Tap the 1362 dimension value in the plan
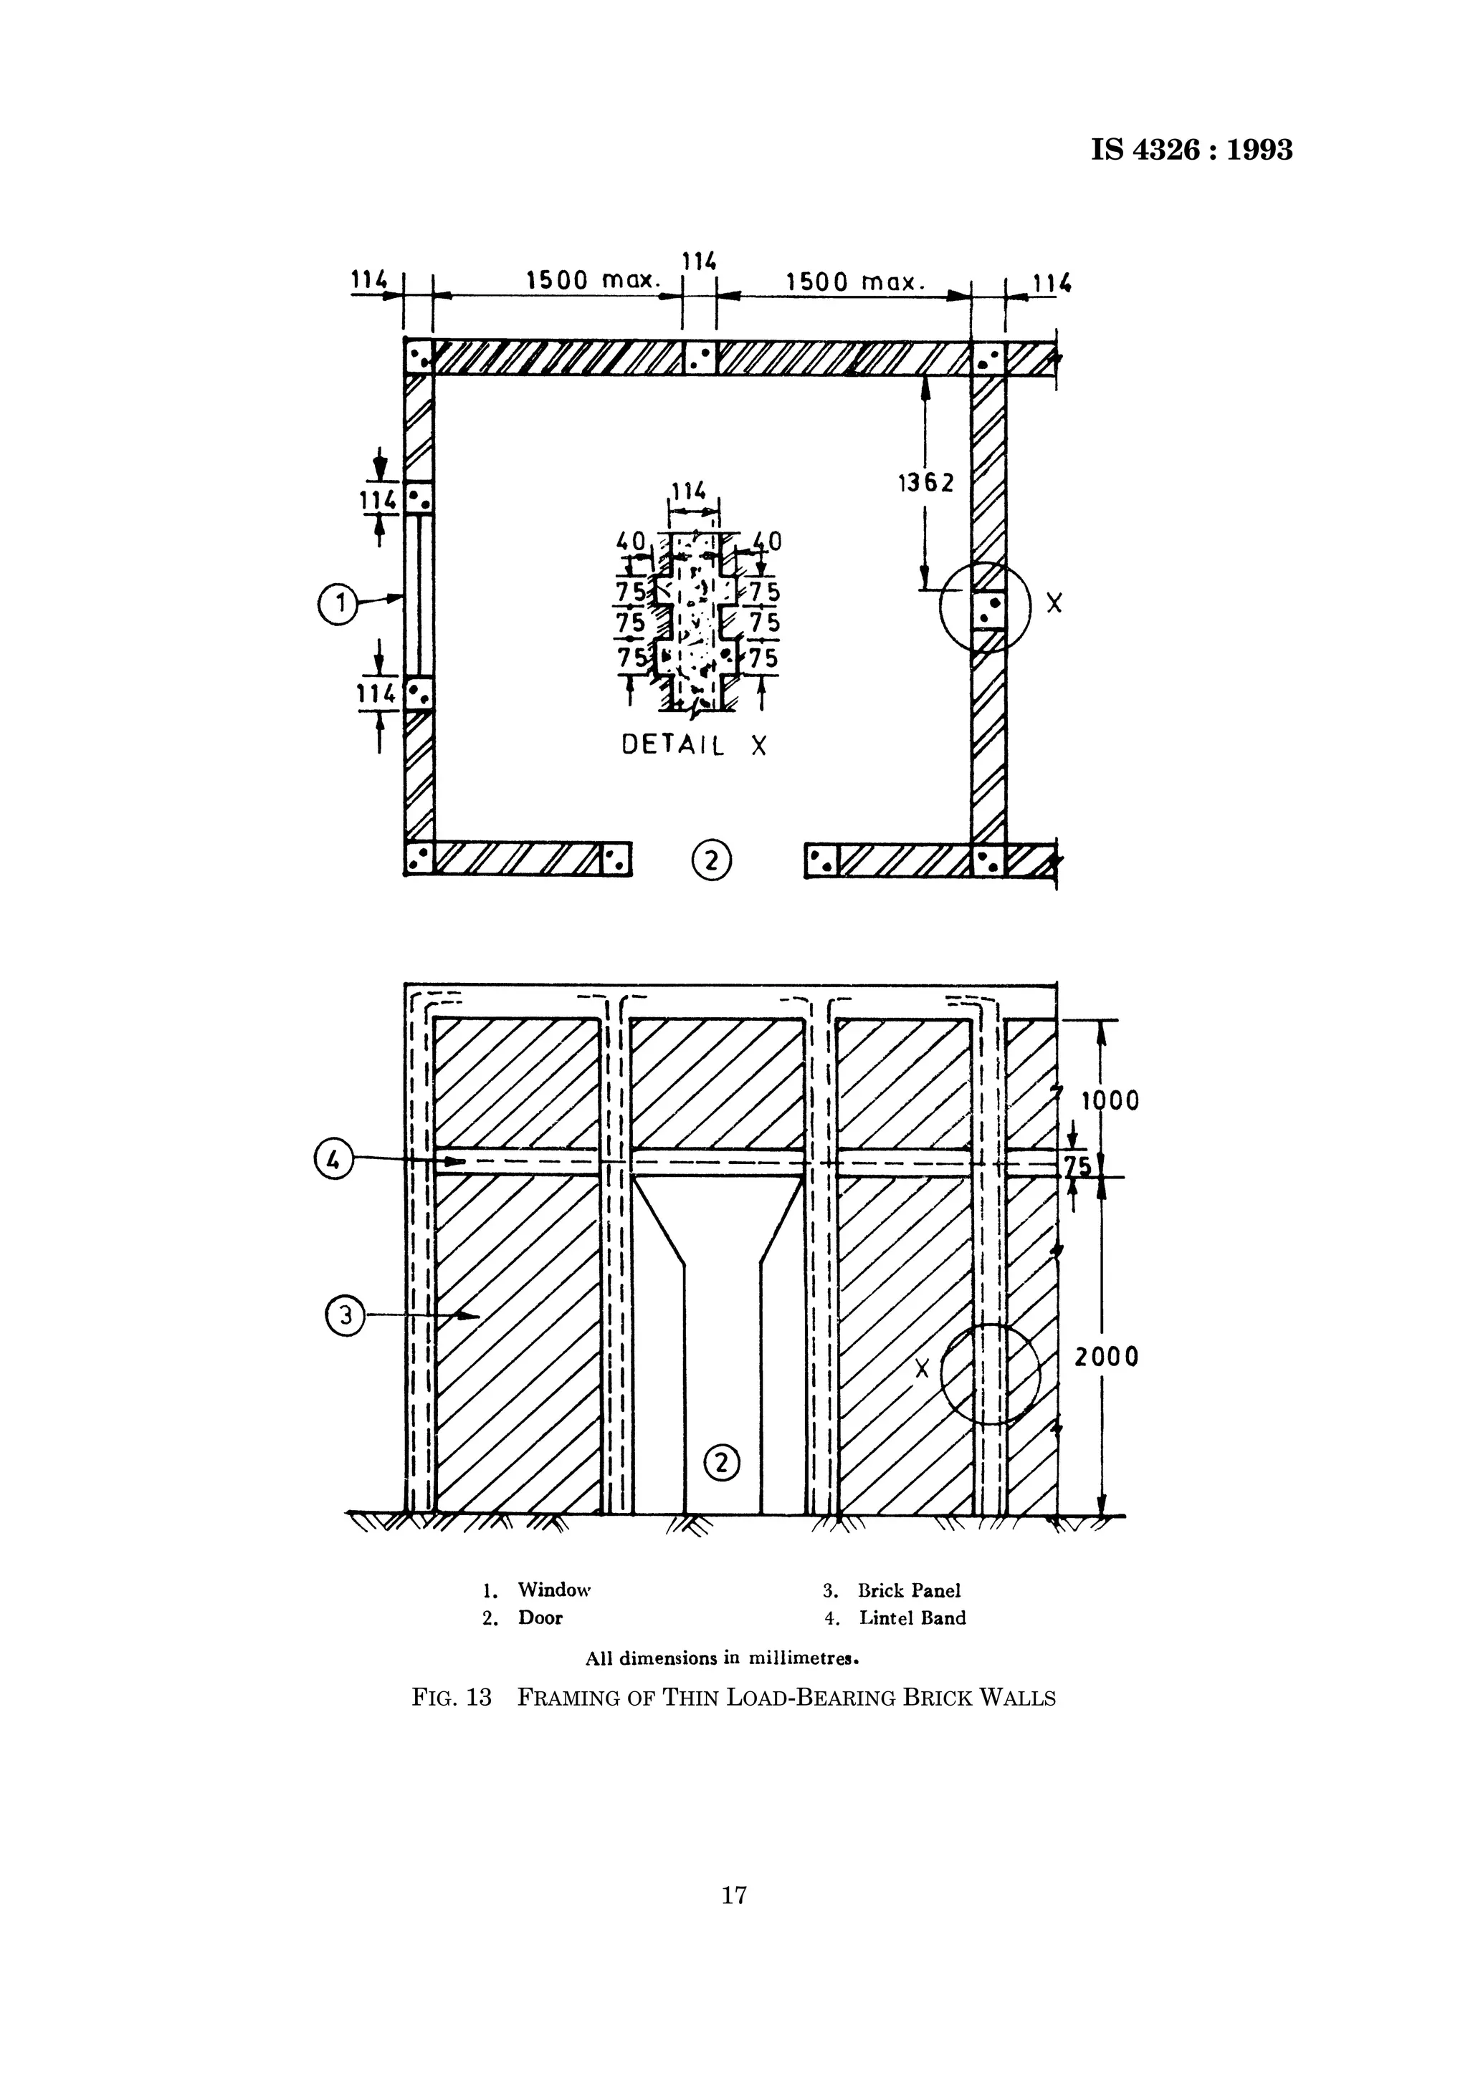click(925, 484)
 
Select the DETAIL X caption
click(694, 745)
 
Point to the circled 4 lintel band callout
click(333, 1160)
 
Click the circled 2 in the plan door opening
click(711, 860)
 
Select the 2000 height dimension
click(1105, 1357)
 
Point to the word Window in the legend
click(553, 1590)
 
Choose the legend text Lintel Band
click(912, 1618)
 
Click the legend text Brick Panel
click(909, 1590)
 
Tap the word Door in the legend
click(540, 1618)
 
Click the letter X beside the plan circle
click(1054, 603)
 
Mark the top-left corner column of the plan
click(419, 357)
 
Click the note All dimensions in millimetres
click(721, 1659)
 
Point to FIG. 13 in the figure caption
click(452, 1698)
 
